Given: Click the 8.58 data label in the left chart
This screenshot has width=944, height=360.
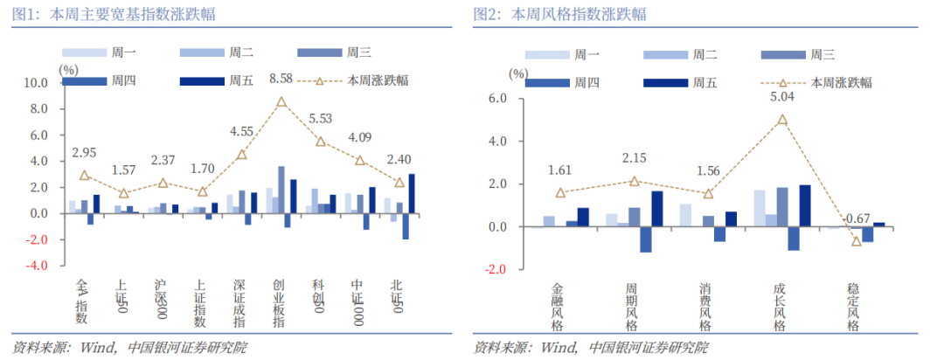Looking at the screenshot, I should (281, 80).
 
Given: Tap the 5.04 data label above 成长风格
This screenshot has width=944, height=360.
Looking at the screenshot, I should (783, 98).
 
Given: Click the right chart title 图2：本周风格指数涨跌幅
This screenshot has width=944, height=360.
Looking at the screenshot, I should (560, 14).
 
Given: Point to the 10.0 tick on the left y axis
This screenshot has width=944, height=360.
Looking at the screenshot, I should (37, 84).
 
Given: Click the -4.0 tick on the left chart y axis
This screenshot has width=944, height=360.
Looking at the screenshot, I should (37, 266).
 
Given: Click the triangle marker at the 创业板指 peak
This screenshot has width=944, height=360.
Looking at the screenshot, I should (281, 102).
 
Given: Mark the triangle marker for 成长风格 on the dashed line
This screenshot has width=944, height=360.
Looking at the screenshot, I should (783, 120).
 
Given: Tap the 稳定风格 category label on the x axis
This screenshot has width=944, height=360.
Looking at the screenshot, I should (854, 306).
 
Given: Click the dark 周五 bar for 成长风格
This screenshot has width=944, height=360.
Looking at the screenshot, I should (804, 205).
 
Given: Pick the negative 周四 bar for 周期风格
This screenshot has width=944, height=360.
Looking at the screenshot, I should (646, 239).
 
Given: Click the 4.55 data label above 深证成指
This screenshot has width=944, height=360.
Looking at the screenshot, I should (242, 132).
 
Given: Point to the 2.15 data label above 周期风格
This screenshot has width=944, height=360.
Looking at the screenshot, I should (635, 159).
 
